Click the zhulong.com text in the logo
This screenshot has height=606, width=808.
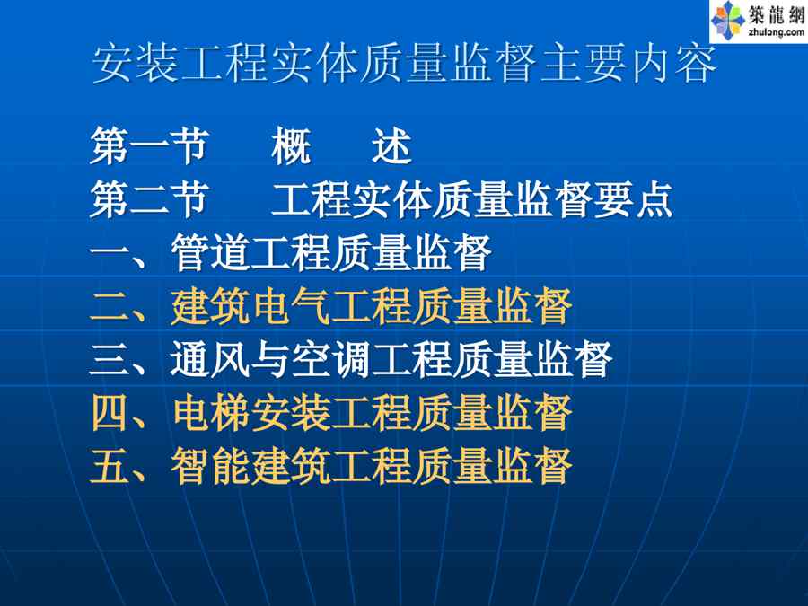(776, 32)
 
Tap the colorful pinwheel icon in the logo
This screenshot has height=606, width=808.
(727, 20)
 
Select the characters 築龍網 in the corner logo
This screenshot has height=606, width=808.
(777, 14)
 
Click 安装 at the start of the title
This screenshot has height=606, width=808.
(136, 64)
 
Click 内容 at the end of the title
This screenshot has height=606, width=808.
(673, 64)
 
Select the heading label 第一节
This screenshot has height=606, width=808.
(149, 145)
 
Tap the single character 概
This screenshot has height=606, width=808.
(291, 145)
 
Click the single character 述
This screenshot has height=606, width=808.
(392, 145)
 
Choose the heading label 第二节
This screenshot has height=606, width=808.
(149, 199)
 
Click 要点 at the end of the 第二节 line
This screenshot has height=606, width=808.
(633, 199)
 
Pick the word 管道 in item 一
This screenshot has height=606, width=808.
(210, 252)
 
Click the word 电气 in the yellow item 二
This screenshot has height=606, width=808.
(291, 306)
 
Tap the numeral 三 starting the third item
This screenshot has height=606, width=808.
(110, 360)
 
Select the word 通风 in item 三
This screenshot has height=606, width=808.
(210, 359)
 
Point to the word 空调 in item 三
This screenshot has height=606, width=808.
(330, 359)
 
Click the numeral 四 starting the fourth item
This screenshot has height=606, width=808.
(110, 413)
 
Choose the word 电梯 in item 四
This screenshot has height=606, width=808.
(210, 413)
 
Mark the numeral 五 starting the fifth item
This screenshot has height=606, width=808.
(110, 466)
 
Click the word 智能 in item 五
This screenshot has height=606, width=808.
(210, 466)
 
